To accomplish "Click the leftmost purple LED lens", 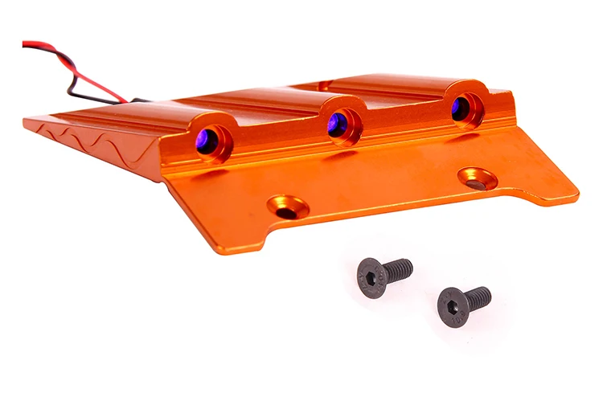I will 209,141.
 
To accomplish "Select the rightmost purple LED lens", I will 462,108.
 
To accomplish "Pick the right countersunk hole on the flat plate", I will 477,178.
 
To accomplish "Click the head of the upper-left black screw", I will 371,279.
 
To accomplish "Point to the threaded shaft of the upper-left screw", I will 399,269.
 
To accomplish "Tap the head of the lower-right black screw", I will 453,308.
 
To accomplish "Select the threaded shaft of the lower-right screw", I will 478,298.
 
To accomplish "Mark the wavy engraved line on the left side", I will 96,141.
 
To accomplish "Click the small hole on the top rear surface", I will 324,84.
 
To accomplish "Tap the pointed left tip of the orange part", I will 27,121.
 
